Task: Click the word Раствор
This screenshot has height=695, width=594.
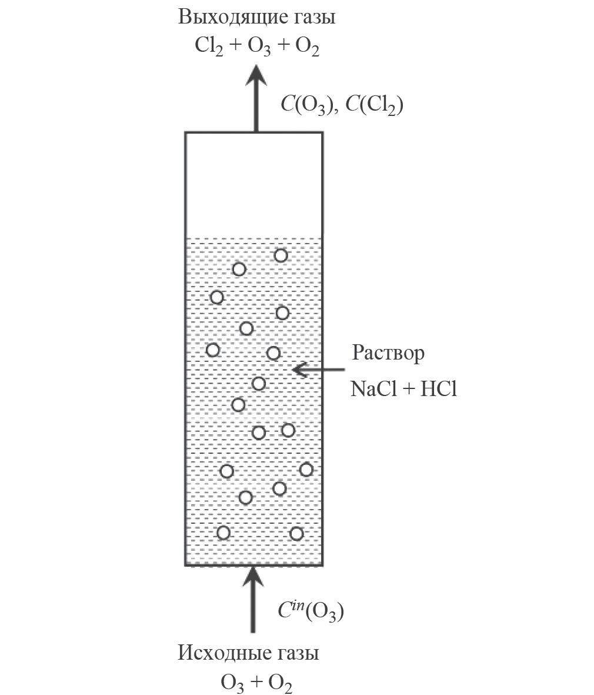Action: pos(388,354)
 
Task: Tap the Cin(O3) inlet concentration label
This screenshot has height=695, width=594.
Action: pos(310,611)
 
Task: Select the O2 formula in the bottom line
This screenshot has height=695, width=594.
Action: pos(280,683)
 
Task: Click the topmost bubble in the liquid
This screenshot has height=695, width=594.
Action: pos(281,255)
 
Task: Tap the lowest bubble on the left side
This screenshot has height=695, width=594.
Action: pos(223,533)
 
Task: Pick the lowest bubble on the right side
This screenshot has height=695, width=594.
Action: pos(296,534)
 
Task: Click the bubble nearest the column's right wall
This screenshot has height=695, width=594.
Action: pos(306,469)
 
